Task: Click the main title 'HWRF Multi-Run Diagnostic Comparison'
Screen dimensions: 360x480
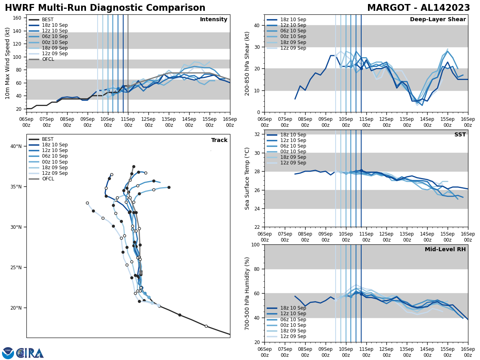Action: [x=105, y=8]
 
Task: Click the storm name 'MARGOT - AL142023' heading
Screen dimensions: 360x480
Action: [x=418, y=8]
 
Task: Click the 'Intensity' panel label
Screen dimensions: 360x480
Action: [x=214, y=20]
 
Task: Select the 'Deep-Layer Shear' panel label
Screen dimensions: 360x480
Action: [x=438, y=20]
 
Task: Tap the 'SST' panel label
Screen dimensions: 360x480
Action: [x=460, y=135]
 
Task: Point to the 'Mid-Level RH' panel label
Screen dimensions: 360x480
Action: [x=445, y=250]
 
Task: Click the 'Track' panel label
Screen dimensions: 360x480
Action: [x=219, y=140]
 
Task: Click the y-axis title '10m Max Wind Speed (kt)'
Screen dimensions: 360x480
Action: [x=7, y=63]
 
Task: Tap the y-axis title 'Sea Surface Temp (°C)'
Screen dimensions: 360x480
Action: [x=247, y=178]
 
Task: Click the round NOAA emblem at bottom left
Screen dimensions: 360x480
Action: [x=8, y=353]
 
